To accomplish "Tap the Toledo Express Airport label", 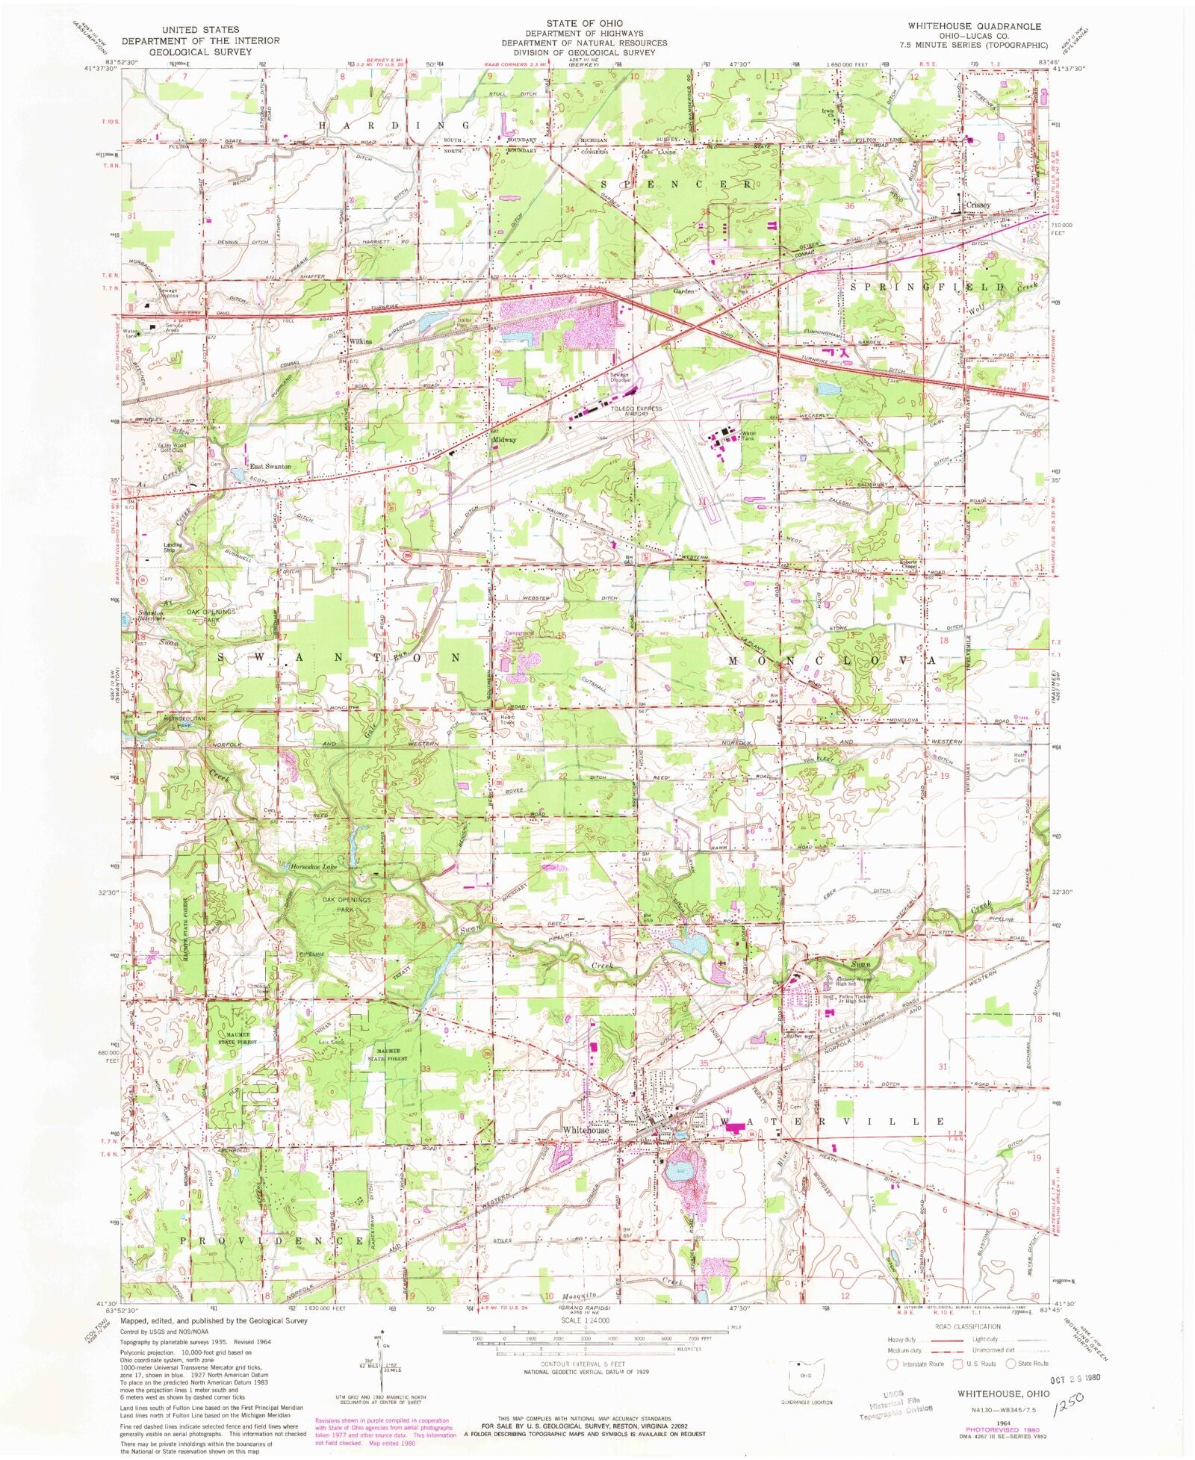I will (636, 411).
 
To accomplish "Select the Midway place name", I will (504, 440).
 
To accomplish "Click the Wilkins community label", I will (360, 341).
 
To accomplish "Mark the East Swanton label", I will (269, 467).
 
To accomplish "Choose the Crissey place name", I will (977, 205).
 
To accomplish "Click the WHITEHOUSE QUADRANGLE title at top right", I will (974, 26).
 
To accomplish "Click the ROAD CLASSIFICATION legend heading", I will (967, 1326).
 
